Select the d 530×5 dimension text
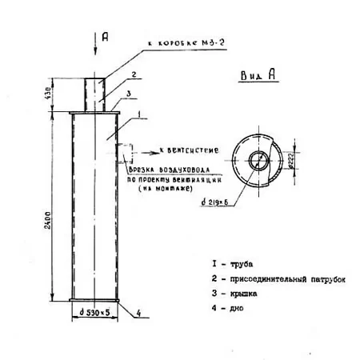coord(95,311)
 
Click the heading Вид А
coord(258,75)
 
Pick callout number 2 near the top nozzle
coord(134,74)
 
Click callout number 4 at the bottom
coord(138,312)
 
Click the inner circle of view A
coord(258,159)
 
